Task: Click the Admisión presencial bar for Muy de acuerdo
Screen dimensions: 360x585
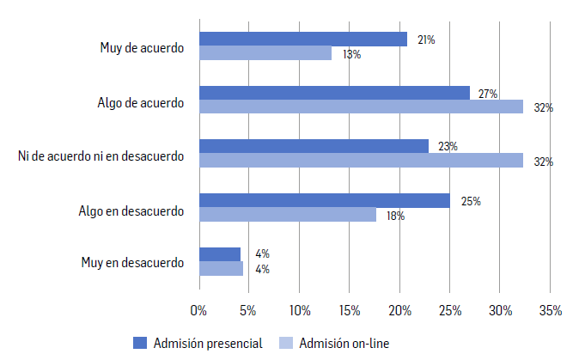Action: [x=302, y=39]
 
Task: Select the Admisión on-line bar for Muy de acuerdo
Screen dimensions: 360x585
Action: [x=265, y=53]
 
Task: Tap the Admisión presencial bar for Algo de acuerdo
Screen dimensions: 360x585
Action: [x=334, y=93]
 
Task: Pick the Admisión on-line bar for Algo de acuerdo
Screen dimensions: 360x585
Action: [x=361, y=107]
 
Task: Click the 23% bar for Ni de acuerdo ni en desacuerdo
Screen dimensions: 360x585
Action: [x=314, y=146]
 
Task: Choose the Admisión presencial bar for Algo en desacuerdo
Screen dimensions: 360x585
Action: [x=324, y=200]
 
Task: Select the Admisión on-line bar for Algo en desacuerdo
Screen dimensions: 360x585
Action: [x=287, y=215]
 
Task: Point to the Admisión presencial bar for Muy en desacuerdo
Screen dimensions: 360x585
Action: [x=219, y=253]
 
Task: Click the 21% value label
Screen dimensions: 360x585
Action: [x=426, y=40]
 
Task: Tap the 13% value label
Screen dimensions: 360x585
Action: [x=351, y=54]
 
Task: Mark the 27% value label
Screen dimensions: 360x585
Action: [x=488, y=94]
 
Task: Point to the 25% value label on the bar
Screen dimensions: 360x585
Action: [x=470, y=201]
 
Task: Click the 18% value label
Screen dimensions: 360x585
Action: [x=395, y=216]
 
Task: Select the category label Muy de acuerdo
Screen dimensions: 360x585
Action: [x=142, y=47]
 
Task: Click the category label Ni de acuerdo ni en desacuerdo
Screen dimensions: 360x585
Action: [x=101, y=155]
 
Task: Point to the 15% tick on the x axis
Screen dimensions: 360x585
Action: [x=350, y=310]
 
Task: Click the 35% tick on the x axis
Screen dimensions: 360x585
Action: [x=551, y=310]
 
